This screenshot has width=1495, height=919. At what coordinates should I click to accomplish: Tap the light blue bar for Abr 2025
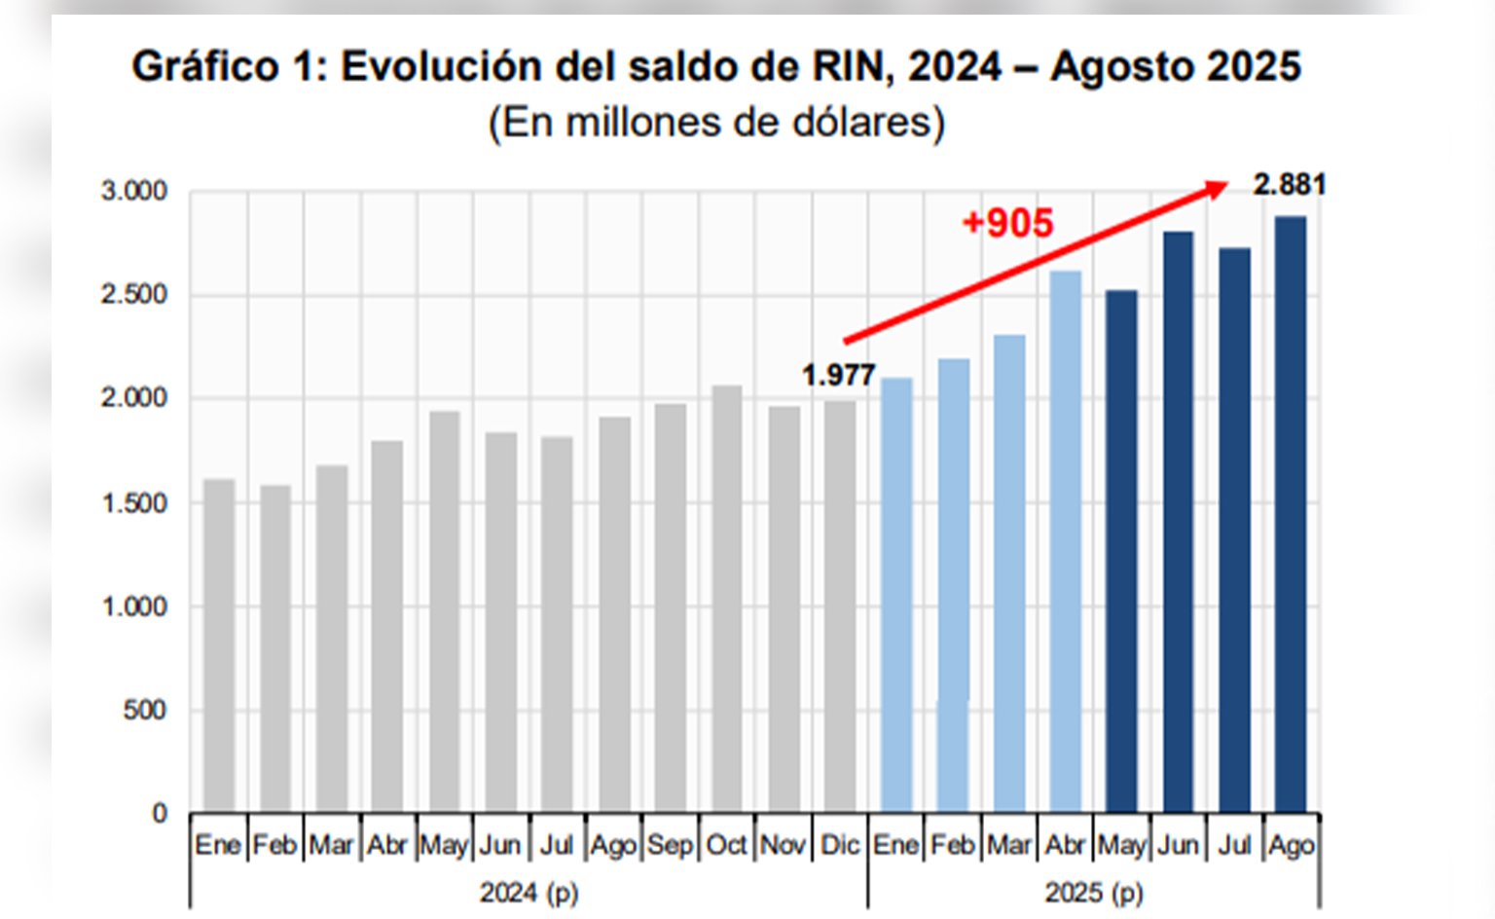[1066, 541]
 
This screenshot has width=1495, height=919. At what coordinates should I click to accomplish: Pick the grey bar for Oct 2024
[726, 598]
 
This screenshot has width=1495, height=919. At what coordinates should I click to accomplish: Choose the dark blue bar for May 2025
[1121, 551]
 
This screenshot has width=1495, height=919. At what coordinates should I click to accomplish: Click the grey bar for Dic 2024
[839, 606]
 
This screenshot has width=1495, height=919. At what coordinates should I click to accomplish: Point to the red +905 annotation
[1007, 224]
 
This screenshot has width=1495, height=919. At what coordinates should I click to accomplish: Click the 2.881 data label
[1289, 184]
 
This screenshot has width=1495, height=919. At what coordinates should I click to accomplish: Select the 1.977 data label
[838, 375]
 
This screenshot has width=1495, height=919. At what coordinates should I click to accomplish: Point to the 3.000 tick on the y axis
[134, 191]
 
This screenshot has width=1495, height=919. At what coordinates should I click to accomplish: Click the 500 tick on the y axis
[145, 710]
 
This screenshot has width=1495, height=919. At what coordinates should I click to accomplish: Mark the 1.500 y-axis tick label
[134, 502]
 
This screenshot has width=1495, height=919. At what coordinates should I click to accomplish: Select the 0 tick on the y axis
[160, 814]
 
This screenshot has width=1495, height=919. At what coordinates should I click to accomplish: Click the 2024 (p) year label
[529, 892]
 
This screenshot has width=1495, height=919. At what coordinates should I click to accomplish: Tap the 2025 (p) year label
[1094, 892]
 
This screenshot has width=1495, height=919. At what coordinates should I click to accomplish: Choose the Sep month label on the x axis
[670, 845]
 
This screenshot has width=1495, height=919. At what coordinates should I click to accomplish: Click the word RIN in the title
[853, 66]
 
